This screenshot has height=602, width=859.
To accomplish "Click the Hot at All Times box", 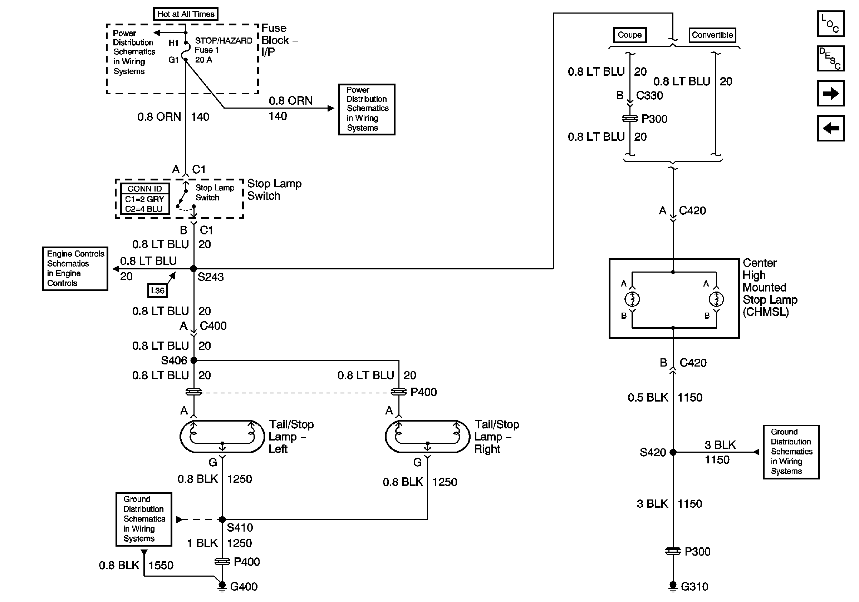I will coord(186,14).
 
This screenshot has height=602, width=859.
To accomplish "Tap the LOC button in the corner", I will coord(830,24).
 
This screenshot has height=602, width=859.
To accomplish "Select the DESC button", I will coord(830,58).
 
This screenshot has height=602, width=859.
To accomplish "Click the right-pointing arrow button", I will coord(830,93).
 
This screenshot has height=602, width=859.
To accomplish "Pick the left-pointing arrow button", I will coord(830,128).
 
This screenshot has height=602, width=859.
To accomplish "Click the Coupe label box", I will coord(630,35).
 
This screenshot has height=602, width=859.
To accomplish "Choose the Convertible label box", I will coord(712,35).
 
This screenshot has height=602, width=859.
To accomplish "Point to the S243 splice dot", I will coord(193,269).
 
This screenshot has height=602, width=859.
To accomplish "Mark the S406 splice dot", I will coord(193,360).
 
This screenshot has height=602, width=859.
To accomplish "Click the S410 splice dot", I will coord(222,519).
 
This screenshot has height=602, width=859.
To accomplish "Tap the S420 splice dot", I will coord(673,452).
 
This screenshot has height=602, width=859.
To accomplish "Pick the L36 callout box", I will coord(157,290).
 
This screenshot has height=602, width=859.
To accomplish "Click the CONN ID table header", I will coord(145,189).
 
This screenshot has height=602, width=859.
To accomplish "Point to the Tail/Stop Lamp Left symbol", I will coord(222,436).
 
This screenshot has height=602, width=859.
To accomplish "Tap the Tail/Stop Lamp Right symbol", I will coord(427,436).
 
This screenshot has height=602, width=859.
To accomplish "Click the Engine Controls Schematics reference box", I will coord(75,268).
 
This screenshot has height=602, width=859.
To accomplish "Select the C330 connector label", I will coord(649,96).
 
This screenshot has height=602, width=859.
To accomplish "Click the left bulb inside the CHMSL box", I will coord(632,299).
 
